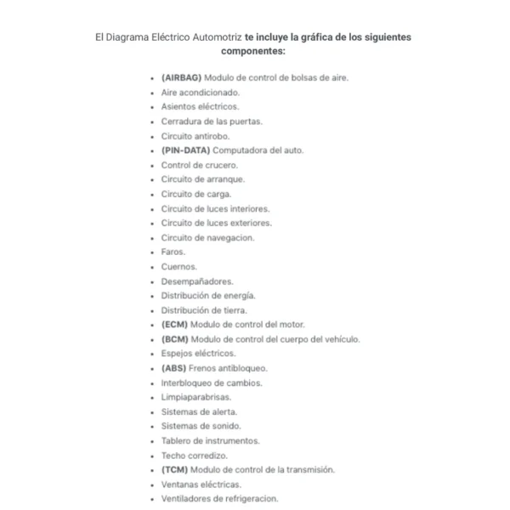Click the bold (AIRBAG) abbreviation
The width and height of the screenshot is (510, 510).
point(181,77)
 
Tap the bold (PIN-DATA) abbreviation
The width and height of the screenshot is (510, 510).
point(184,150)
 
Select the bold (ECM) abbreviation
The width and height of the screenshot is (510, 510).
point(174,325)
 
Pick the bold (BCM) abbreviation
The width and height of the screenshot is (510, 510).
point(174,339)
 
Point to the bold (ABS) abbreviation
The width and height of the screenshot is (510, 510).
point(173,368)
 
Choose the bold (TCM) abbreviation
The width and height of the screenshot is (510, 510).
point(174,469)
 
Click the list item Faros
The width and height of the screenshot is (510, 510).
point(173,252)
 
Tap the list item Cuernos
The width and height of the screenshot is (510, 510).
point(178,266)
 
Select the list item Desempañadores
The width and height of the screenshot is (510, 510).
point(197,281)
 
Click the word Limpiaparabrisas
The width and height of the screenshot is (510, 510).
point(195,397)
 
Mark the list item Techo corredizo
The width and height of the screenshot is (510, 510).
point(194,456)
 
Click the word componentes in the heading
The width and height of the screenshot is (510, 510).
point(253,52)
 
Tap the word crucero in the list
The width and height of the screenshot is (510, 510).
point(222,165)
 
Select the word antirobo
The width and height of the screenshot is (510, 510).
point(211,136)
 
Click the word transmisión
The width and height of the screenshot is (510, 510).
point(308,469)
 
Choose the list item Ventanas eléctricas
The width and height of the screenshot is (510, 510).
point(201,484)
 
